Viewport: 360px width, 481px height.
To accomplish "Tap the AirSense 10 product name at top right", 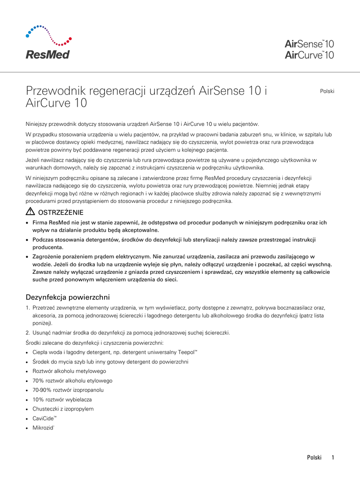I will pos(309,44).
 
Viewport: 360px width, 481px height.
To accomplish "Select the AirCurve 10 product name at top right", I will pos(309,55).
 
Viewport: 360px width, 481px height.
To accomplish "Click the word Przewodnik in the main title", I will pos(53,90).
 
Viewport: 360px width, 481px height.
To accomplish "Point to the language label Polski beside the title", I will pos(327,91).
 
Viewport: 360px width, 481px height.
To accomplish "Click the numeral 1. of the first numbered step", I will pos(27,308).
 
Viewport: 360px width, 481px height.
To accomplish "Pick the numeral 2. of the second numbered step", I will pos(27,333).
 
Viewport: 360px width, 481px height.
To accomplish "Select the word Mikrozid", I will pos(44,427).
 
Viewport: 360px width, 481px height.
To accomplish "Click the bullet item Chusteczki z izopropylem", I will pos(63,409).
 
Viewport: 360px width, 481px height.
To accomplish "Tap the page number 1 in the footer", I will pos(332,458).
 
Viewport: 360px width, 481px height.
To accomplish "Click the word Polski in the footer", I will pos(314,458).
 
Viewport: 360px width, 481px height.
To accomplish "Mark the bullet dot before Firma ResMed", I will pos(28,223).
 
